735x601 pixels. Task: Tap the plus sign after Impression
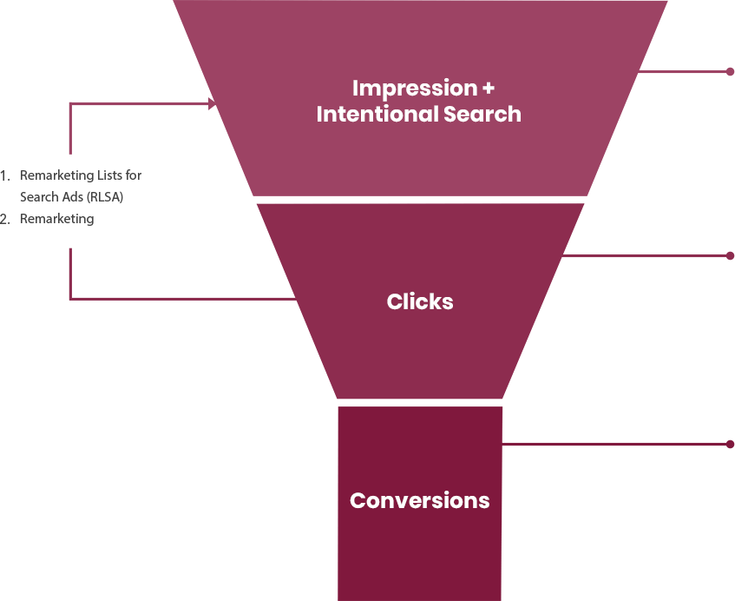[x=488, y=89]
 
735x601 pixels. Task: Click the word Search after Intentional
[x=482, y=114]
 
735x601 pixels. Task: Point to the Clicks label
[x=420, y=301]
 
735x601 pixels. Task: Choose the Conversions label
[x=419, y=500]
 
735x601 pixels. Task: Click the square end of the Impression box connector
[x=729, y=71]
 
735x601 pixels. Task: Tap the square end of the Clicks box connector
[x=729, y=255]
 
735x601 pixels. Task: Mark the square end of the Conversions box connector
[x=729, y=444]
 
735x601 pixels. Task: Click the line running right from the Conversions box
[x=655, y=444]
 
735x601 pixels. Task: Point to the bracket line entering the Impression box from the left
[x=121, y=104]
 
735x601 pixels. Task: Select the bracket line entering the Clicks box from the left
[x=121, y=299]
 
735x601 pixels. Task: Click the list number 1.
[x=4, y=175]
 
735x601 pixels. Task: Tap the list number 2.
[x=4, y=219]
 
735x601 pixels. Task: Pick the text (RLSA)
[x=105, y=197]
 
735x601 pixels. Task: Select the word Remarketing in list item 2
[x=56, y=219]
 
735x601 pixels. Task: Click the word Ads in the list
[x=74, y=197]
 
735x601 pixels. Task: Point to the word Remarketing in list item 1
[x=56, y=175]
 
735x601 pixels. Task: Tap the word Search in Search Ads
[x=40, y=197]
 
